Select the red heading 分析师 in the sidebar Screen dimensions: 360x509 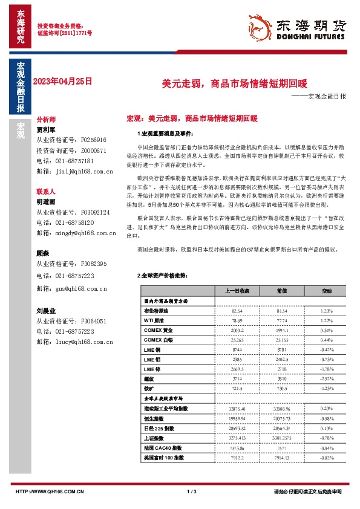tap(46, 120)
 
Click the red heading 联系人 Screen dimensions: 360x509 tap(46, 190)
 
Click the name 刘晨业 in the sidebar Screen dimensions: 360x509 tap(46, 311)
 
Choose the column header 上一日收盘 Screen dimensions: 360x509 tap(237, 291)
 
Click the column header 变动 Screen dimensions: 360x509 tap(327, 291)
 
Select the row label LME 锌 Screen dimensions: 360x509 tap(153, 369)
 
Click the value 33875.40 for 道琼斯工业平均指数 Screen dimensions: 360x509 tap(237, 409)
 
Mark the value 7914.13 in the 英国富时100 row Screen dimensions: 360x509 tap(281, 458)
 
